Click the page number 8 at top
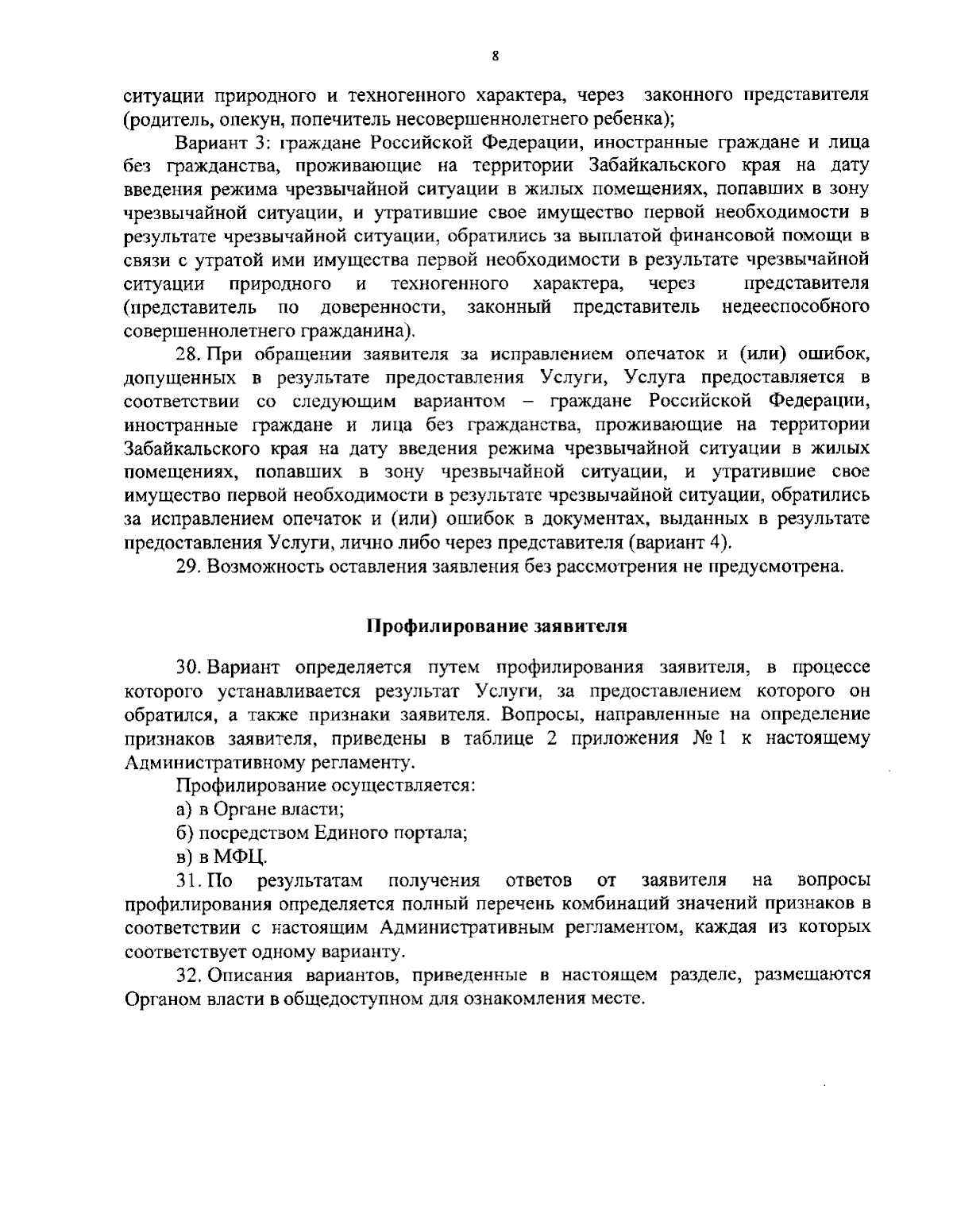coord(496,56)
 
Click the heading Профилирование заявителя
coord(496,626)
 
